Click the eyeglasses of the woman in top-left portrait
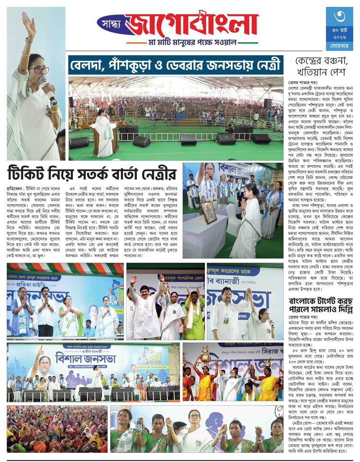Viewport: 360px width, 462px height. (x=39, y=70)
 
